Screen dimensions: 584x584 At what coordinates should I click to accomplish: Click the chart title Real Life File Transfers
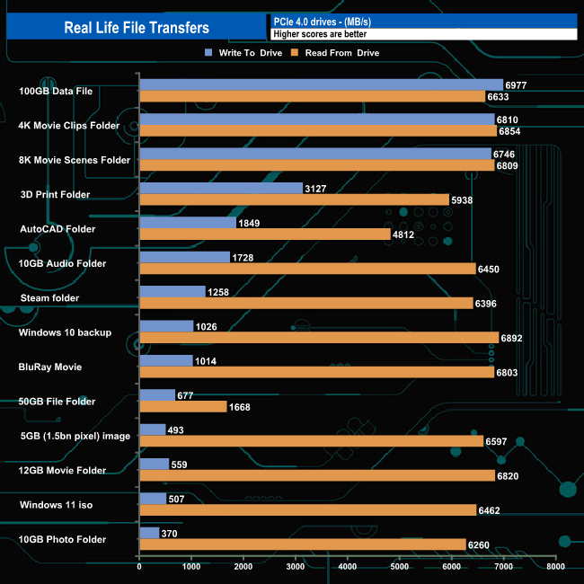[137, 28]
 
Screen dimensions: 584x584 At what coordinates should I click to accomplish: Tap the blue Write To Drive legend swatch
[208, 53]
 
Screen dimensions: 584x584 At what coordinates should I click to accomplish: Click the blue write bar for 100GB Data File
[321, 85]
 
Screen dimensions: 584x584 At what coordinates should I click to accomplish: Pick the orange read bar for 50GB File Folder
[182, 407]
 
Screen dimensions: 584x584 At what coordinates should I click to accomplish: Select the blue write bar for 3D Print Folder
[221, 189]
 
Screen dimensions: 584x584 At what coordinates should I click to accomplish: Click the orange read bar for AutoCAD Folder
[265, 234]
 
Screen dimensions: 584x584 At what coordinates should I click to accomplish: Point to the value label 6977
[516, 85]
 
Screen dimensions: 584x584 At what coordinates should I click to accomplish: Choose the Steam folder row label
[49, 298]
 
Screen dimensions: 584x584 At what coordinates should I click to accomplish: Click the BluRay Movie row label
[50, 367]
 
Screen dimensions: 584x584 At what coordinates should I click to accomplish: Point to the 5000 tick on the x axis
[400, 568]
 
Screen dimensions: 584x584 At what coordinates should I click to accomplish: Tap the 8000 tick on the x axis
[556, 568]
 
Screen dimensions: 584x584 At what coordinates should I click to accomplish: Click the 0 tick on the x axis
[139, 568]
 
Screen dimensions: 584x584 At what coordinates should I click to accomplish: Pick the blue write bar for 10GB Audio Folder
[184, 258]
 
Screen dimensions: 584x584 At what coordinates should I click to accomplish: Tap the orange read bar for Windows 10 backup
[319, 338]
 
